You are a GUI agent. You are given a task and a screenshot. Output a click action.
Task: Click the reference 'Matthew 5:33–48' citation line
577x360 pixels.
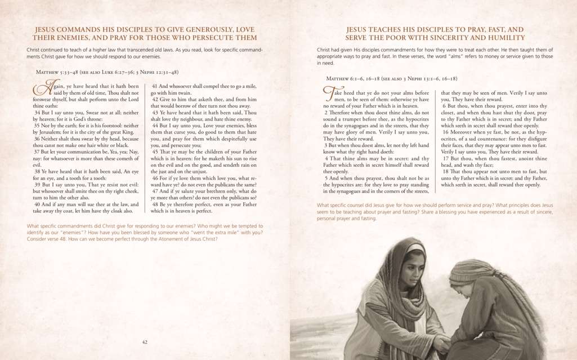[107, 72]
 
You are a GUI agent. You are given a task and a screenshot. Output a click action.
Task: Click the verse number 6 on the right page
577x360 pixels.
[444, 106]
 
